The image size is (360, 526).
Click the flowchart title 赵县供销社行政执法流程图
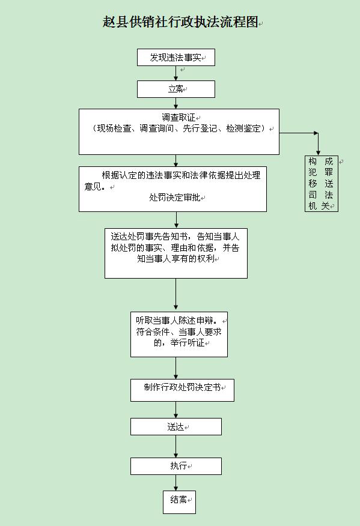(x=180, y=22)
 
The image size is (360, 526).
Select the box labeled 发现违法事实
(x=176, y=58)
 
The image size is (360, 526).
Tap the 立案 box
(x=176, y=89)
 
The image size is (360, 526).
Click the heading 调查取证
(x=178, y=118)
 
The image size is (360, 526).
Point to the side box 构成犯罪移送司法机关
(x=322, y=184)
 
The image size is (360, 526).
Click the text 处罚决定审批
(x=175, y=197)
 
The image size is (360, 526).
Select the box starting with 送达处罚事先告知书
(x=176, y=253)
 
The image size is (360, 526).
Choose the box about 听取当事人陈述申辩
(x=179, y=334)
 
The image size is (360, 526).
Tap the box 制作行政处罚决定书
(x=182, y=390)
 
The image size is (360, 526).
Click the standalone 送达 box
(x=176, y=427)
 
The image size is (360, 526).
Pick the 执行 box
(x=176, y=466)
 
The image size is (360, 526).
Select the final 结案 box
(x=179, y=502)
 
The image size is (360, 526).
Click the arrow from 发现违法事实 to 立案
(x=175, y=73)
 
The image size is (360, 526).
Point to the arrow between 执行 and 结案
(x=175, y=483)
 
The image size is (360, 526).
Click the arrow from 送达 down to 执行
(x=175, y=447)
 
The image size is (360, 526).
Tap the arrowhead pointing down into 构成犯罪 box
(x=318, y=153)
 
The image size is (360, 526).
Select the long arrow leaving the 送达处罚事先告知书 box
(x=175, y=294)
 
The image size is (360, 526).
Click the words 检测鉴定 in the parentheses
(x=243, y=128)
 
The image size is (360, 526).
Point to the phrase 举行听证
(x=188, y=343)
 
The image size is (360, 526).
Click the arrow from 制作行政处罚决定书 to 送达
(x=175, y=410)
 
